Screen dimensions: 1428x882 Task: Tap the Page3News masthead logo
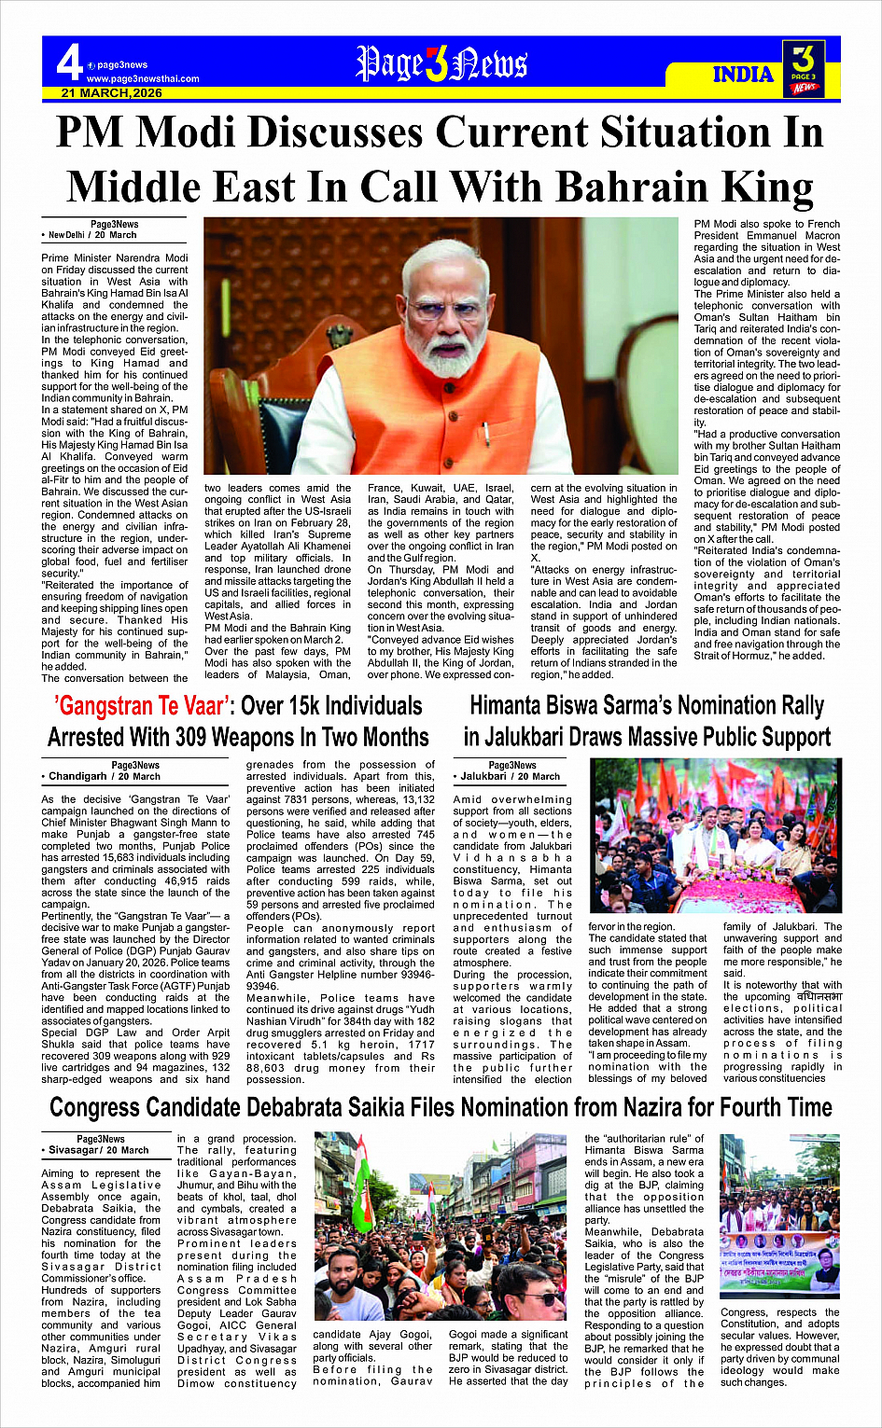click(441, 63)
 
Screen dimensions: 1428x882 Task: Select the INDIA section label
click(743, 75)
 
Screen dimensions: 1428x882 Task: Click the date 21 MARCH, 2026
click(112, 93)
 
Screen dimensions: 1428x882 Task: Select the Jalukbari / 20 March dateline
click(511, 776)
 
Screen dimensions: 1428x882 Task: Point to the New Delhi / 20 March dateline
click(92, 235)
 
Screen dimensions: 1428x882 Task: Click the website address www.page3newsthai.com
click(143, 78)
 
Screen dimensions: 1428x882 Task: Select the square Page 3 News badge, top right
click(804, 69)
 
